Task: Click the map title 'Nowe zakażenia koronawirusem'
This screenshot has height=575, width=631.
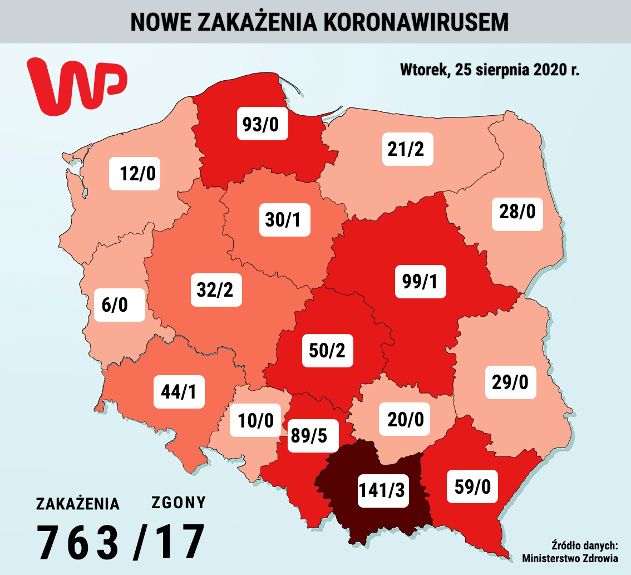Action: [x=319, y=21]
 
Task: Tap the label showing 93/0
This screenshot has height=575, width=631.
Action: [x=262, y=124]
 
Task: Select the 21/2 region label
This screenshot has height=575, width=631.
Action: [x=407, y=149]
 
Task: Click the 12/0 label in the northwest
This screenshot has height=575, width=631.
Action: [x=135, y=174]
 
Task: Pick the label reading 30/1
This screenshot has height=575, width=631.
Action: [x=284, y=220]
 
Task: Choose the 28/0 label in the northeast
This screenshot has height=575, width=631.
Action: [x=517, y=212]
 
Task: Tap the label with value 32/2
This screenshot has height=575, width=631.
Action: [x=216, y=289]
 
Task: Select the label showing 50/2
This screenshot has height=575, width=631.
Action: [x=327, y=350]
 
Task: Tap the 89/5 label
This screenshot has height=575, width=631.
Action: [x=313, y=435]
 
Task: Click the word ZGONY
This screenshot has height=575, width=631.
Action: [x=179, y=503]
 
